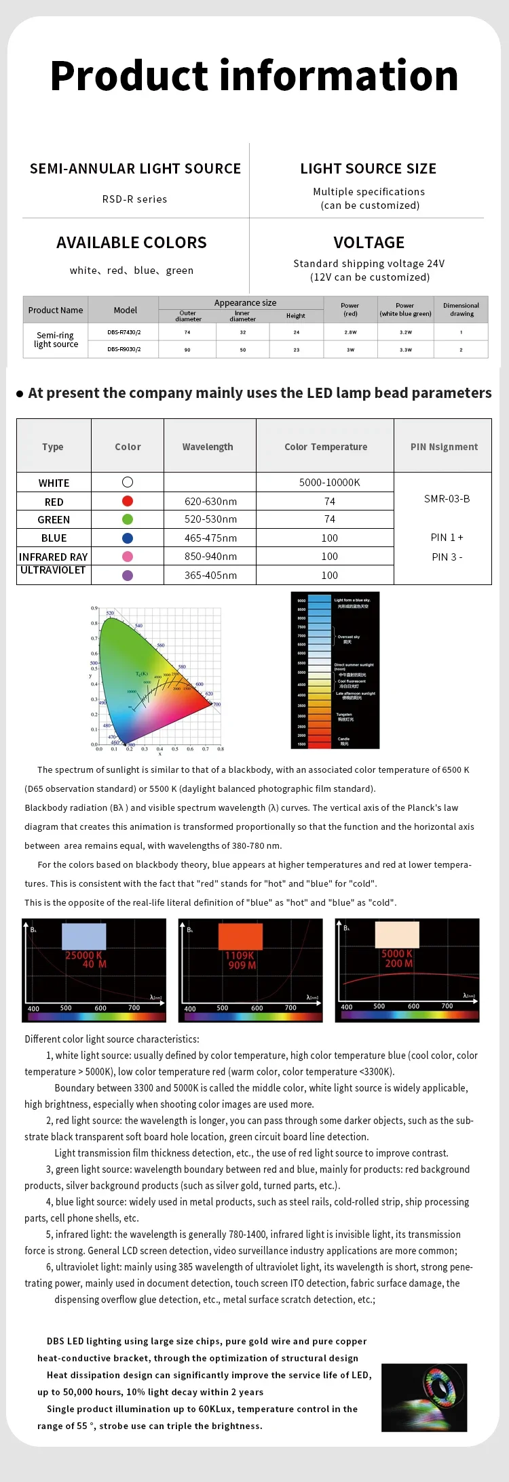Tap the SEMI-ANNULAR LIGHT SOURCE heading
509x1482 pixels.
pos(135,169)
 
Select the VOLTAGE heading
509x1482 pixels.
pos(369,243)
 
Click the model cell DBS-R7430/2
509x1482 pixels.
pos(124,332)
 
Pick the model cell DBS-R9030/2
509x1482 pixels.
pos(124,349)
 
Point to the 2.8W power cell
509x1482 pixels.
pos(350,332)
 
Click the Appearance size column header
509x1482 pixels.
pos(245,303)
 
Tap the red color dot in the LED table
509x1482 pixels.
pos(128,501)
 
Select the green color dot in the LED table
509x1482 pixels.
pos(128,519)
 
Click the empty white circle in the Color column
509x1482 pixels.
pos(128,482)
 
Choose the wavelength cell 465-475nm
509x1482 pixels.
pos(210,538)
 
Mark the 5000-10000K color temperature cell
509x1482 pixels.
pos(329,483)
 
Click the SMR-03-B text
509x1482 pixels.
pos(447,499)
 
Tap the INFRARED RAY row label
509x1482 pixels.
pos(54,557)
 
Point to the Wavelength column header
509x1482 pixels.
pos(208,447)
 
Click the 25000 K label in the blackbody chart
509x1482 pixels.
pos(83,955)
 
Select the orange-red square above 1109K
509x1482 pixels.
pos(240,936)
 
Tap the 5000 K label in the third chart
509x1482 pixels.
pos(397,954)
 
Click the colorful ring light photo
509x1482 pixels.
pos(424,1397)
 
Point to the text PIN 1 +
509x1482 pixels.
pos(447,538)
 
